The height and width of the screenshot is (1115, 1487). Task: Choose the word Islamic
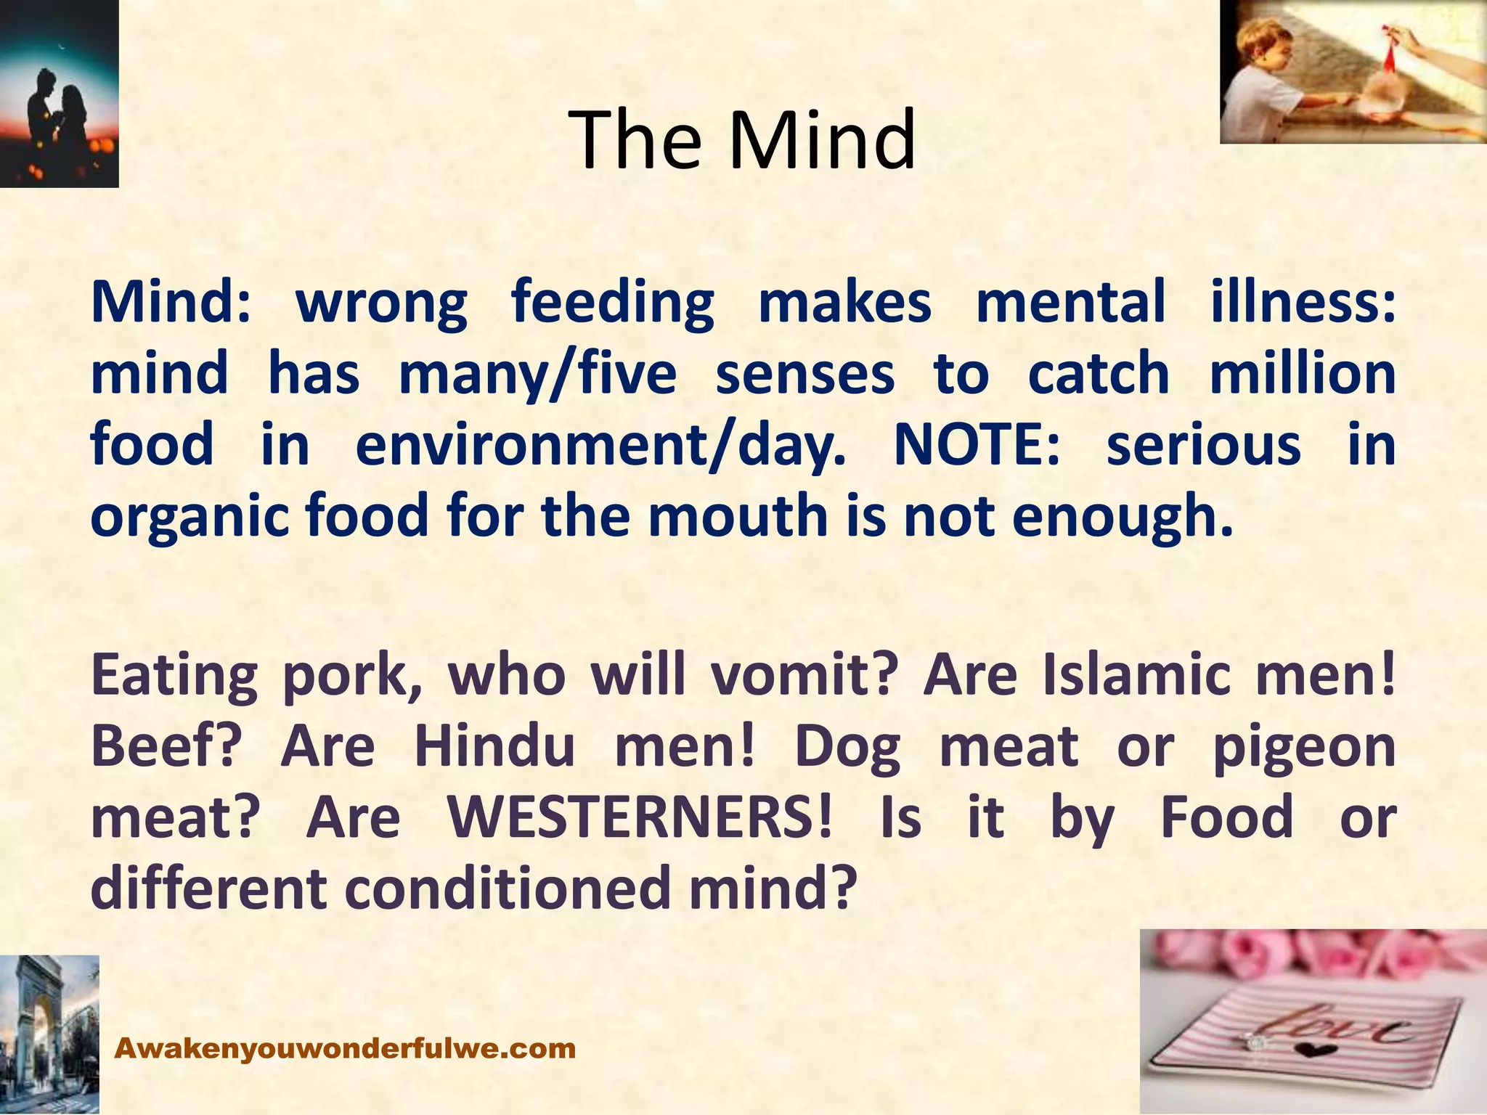tap(1136, 674)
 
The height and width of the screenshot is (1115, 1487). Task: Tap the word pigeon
tap(1304, 748)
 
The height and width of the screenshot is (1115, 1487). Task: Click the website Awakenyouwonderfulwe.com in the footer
tap(346, 1048)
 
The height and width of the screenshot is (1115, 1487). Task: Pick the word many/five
tap(537, 375)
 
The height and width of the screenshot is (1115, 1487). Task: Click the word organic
tap(190, 517)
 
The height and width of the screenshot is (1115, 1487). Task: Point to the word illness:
tap(1303, 302)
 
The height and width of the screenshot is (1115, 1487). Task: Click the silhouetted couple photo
tap(58, 94)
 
